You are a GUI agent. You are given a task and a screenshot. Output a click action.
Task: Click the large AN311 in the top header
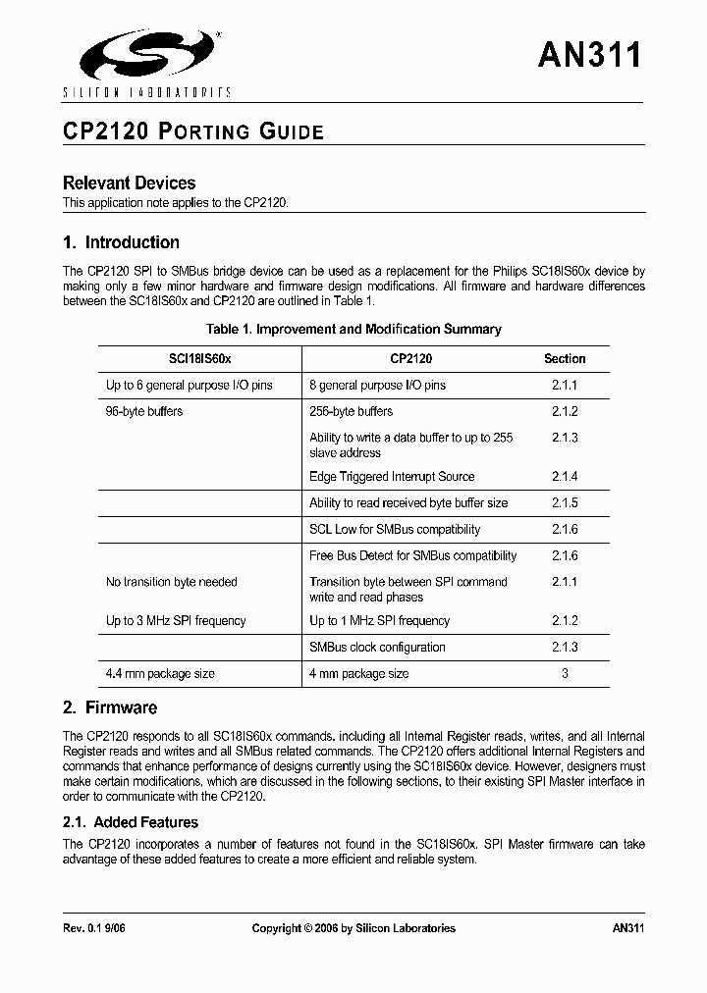pyautogui.click(x=589, y=55)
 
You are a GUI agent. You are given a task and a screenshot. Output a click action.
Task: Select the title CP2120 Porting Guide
pyautogui.click(x=192, y=131)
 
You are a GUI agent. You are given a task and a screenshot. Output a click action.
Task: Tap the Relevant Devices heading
pyautogui.click(x=129, y=183)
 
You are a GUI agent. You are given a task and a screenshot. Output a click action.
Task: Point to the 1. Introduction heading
pyautogui.click(x=121, y=242)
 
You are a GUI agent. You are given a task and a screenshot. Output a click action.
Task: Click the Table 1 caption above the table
pyautogui.click(x=353, y=330)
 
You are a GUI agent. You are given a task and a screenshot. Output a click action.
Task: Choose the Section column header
pyautogui.click(x=565, y=359)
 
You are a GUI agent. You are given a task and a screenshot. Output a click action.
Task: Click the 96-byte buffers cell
pyautogui.click(x=144, y=412)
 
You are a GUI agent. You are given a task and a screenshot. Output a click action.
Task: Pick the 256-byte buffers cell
pyautogui.click(x=351, y=412)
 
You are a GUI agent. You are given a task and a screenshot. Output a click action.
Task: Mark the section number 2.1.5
pyautogui.click(x=565, y=503)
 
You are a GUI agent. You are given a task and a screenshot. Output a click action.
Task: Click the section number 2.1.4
pyautogui.click(x=565, y=477)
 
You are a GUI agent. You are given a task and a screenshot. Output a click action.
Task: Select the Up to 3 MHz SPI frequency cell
pyautogui.click(x=176, y=621)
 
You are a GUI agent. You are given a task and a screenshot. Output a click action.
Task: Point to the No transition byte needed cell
pyautogui.click(x=172, y=582)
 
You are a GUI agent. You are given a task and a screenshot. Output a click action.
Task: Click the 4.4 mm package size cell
pyautogui.click(x=160, y=674)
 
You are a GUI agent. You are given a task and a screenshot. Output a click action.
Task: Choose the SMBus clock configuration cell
pyautogui.click(x=377, y=648)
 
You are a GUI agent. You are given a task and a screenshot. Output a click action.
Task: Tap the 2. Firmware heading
pyautogui.click(x=109, y=707)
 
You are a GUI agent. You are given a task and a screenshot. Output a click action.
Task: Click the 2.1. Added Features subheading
pyautogui.click(x=131, y=822)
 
